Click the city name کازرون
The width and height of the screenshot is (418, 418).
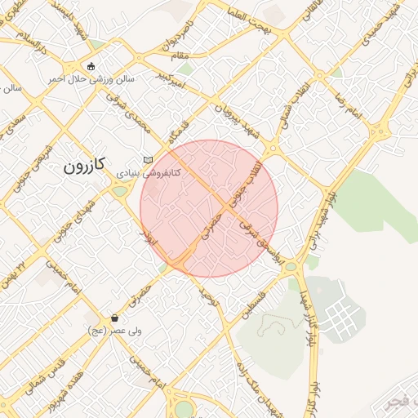tap(84, 166)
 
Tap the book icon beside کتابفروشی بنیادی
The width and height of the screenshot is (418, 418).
tap(148, 160)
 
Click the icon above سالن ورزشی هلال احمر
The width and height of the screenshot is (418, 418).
tap(91, 66)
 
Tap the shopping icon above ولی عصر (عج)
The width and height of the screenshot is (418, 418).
tap(114, 318)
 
